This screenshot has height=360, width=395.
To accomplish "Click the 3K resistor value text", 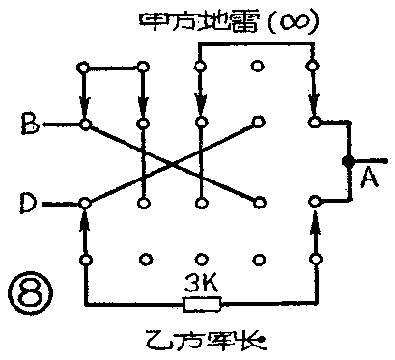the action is point(201,284).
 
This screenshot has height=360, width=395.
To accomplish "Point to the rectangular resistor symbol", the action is point(201,304).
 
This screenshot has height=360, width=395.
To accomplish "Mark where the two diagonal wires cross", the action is point(172,163).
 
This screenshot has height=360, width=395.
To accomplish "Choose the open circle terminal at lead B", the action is point(85,125).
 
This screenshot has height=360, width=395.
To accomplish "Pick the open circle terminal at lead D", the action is point(85,203).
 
